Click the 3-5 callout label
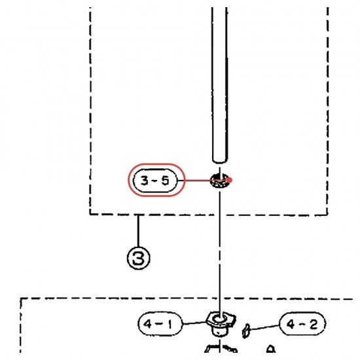pos(155,181)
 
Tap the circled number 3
pos(139,258)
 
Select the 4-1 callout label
pos(160,323)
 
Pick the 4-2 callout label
pos(302,324)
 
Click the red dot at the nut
pos(230,180)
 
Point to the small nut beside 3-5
pos(219,180)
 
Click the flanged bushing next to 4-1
pos(221,323)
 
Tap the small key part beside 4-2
pos(246,331)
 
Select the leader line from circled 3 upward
pos(138,231)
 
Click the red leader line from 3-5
pos(204,181)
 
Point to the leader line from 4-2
pos(264,327)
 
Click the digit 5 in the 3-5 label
pos(165,181)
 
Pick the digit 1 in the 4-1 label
pos(170,324)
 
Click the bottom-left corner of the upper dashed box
pos(90,214)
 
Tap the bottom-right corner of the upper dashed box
pos(327,215)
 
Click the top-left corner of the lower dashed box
pos(21,298)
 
